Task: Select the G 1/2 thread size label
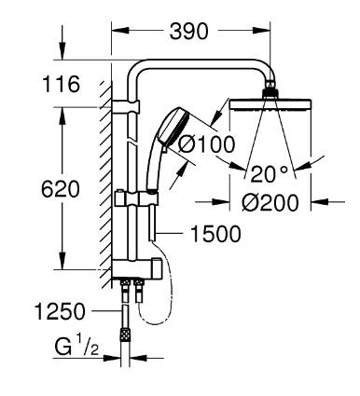coord(75,348)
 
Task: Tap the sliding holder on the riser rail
coord(132,198)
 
